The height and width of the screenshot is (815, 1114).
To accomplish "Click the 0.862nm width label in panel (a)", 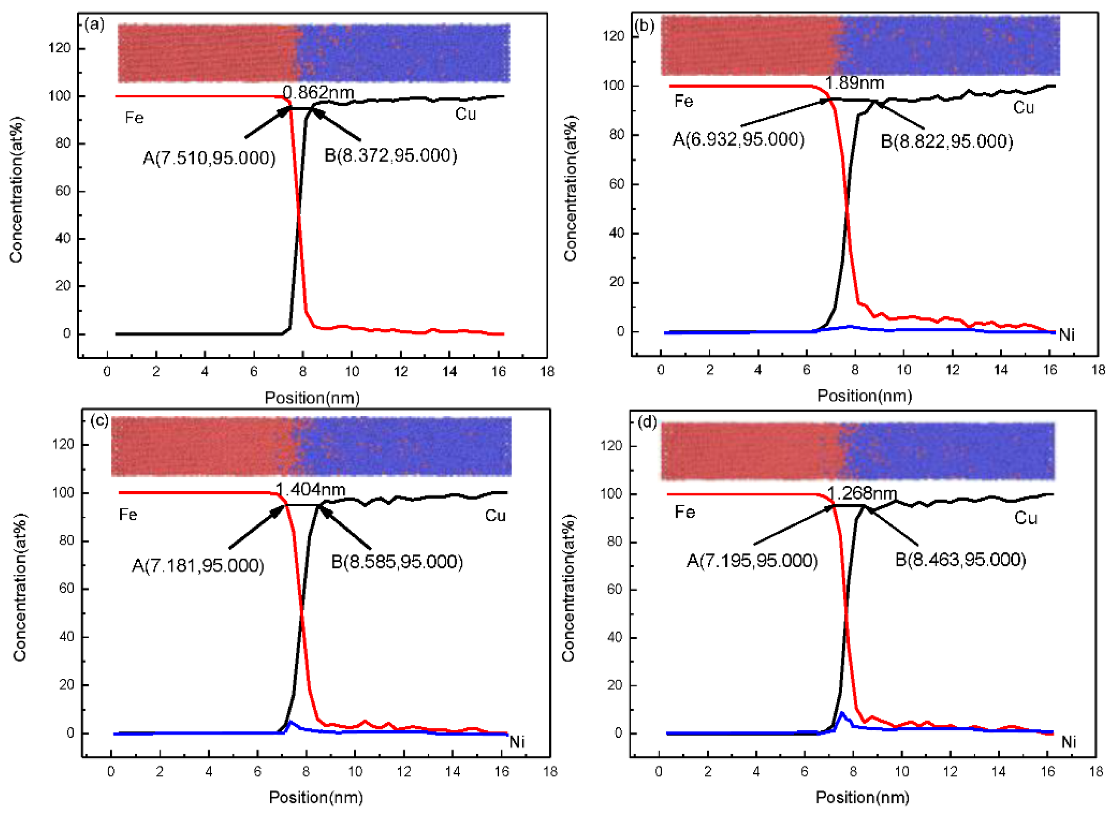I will click(318, 92).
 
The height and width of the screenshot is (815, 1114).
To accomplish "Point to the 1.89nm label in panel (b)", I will click(854, 83).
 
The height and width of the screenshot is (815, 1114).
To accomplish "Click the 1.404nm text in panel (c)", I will click(310, 489).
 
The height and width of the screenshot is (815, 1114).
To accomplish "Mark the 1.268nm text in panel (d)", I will click(861, 493).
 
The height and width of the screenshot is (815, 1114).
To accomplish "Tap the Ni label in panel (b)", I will click(1067, 335).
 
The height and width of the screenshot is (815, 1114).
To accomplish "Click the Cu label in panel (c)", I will click(495, 516).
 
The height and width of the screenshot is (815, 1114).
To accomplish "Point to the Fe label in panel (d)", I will click(685, 512).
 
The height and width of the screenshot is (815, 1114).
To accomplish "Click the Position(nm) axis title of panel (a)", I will click(312, 397).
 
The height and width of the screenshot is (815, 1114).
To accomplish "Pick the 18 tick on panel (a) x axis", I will click(547, 371).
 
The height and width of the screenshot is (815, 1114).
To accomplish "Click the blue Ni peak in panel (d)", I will click(842, 713).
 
